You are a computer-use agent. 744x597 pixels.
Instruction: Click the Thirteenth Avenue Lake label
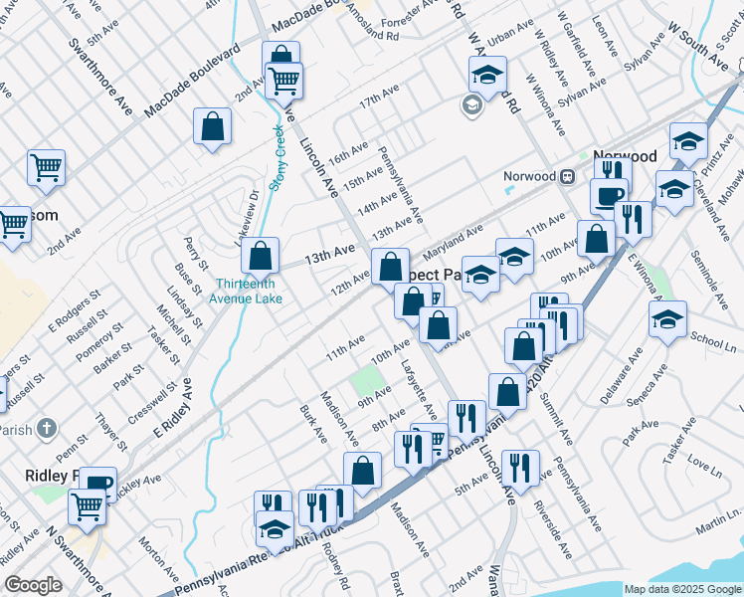245,291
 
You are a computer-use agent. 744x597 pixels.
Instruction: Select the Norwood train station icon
567,176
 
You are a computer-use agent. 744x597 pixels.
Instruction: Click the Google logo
33,585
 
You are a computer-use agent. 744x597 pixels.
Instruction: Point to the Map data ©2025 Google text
681,589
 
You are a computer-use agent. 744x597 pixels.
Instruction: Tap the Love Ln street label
702,465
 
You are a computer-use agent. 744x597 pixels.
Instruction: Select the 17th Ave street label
378,102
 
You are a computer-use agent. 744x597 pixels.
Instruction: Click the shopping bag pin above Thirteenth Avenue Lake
260,256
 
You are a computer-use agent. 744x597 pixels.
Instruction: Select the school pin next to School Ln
666,318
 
